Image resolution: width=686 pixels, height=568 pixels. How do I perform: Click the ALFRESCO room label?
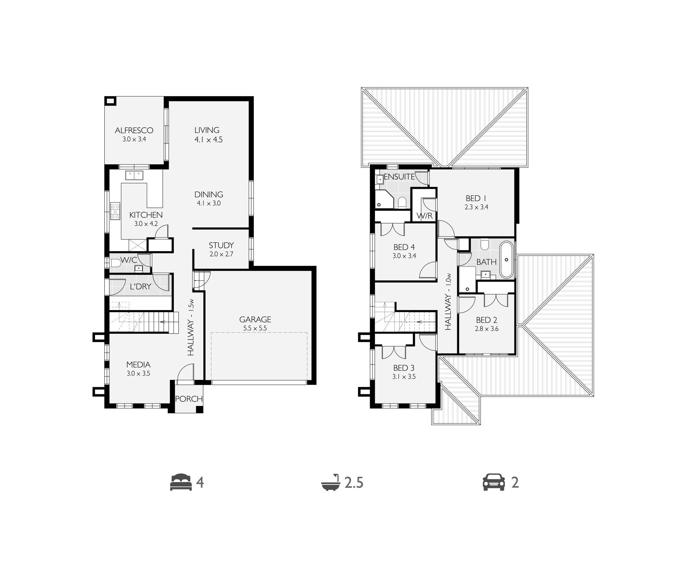(x=134, y=131)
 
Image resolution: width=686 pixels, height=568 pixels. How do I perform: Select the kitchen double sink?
(x=134, y=175)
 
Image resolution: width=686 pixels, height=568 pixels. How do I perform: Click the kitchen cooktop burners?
(x=115, y=212)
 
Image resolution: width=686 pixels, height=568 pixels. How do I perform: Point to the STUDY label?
(x=221, y=245)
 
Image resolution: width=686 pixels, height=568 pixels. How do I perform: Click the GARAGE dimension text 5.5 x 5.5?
(x=255, y=328)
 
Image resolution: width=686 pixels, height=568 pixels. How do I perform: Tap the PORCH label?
(x=189, y=399)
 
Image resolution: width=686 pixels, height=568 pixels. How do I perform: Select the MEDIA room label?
(x=138, y=365)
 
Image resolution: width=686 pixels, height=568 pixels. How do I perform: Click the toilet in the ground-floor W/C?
(x=116, y=263)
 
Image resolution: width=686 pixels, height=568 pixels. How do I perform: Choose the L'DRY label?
(x=141, y=286)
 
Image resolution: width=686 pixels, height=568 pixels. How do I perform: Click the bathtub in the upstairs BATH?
(x=506, y=260)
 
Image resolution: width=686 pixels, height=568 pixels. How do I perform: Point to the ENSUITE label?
(x=399, y=177)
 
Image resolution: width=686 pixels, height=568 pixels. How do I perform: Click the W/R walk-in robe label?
(x=424, y=216)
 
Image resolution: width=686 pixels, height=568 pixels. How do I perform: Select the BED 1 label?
(x=476, y=198)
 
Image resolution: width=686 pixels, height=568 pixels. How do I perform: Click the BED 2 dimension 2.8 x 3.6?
(x=486, y=329)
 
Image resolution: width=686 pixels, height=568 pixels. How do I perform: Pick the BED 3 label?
(x=404, y=368)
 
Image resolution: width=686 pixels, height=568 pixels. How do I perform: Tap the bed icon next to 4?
(x=181, y=482)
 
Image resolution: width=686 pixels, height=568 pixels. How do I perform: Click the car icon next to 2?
(x=494, y=482)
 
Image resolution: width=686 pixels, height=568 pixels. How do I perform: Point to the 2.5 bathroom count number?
(x=354, y=483)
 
